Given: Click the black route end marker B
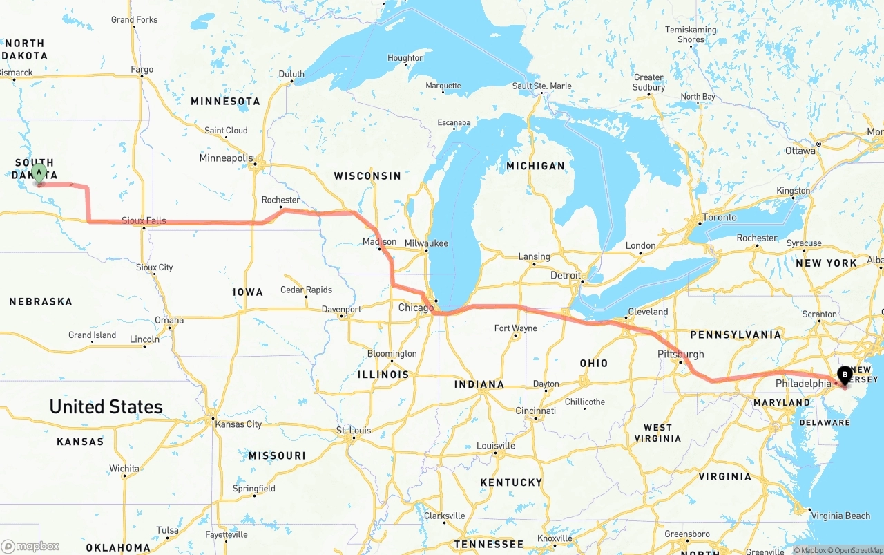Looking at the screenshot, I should (x=844, y=375).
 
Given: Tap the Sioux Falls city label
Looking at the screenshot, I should (x=144, y=220).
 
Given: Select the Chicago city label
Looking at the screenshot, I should (x=416, y=308).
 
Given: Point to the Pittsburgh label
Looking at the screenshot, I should (x=681, y=354).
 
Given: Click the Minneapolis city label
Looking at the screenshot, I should (x=226, y=158).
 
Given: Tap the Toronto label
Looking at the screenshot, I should (x=719, y=217).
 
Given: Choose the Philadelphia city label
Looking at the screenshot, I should (x=803, y=384).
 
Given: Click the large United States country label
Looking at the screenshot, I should (x=106, y=406).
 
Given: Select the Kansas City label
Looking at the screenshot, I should (x=238, y=424).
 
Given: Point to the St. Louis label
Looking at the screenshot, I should (x=354, y=431).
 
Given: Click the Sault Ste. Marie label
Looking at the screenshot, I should (x=541, y=86).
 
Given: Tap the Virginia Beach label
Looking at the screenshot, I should (x=840, y=516).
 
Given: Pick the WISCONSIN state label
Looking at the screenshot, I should (x=367, y=176).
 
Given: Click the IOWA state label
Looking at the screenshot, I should (x=248, y=292).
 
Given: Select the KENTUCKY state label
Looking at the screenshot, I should (x=512, y=482).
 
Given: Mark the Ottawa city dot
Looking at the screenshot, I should (x=818, y=144).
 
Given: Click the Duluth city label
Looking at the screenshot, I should (x=291, y=74).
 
